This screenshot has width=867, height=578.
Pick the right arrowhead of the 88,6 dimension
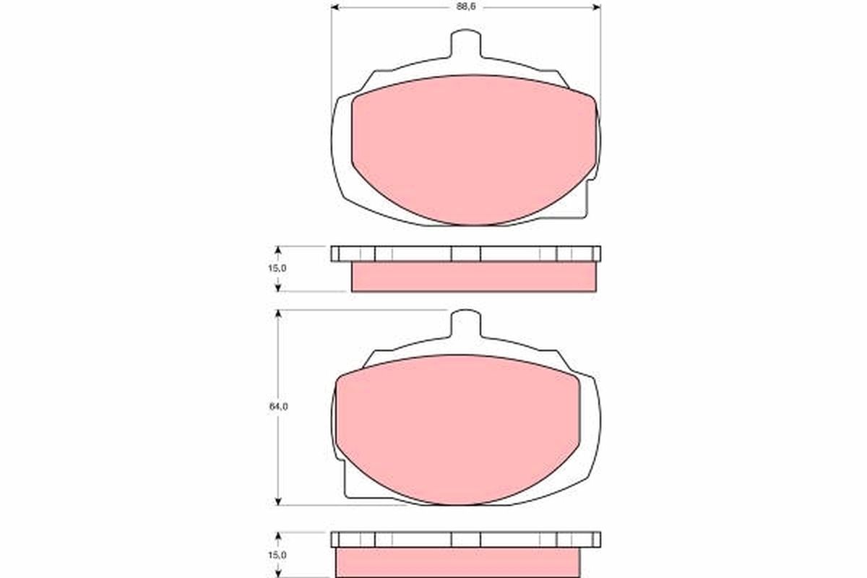[597, 7]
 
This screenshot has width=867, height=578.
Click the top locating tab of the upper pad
[465, 43]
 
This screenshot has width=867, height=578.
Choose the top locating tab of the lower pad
[465, 324]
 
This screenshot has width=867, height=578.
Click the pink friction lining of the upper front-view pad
[473, 148]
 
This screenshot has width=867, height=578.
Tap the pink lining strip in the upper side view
[473, 277]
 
